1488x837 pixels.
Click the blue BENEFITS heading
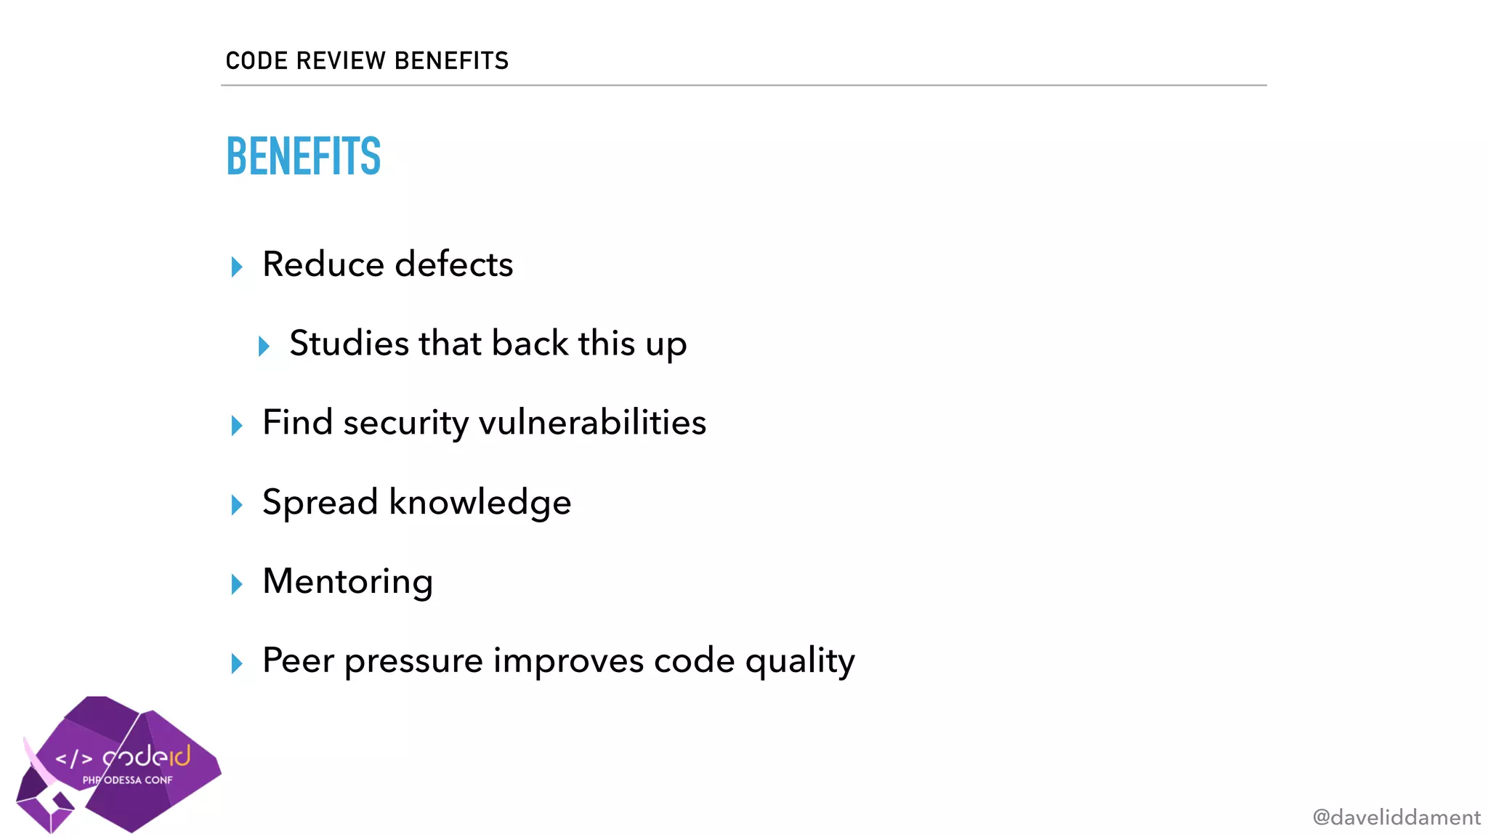click(x=304, y=156)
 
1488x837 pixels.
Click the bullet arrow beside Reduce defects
click(x=237, y=267)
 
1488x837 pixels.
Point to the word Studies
click(x=349, y=343)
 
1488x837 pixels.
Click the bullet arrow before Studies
click(x=264, y=346)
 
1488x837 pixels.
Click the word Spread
click(x=320, y=502)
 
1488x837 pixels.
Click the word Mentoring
click(x=347, y=582)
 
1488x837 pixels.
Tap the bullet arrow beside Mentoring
click(x=237, y=583)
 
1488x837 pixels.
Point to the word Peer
click(x=298, y=660)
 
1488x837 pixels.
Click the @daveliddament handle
click(x=1396, y=817)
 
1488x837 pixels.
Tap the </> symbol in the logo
click(x=74, y=759)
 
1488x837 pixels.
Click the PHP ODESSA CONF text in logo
click(x=128, y=780)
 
